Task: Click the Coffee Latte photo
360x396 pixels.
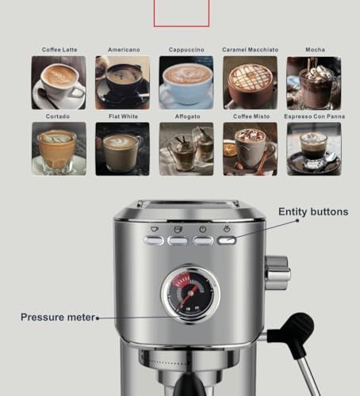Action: coord(59,82)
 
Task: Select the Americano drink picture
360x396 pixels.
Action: coord(122,82)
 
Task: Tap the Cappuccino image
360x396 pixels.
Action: coord(186,82)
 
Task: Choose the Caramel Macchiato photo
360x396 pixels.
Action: coord(250,82)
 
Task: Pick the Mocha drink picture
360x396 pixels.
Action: coord(313,82)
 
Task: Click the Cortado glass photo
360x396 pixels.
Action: coord(59,148)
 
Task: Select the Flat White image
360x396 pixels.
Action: coord(122,148)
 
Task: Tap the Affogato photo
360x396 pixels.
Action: coord(186,148)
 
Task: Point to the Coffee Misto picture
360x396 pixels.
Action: coord(250,148)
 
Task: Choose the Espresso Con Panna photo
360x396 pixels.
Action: coord(313,148)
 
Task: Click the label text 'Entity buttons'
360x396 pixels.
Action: coord(312,212)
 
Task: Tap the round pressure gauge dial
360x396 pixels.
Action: coord(189,291)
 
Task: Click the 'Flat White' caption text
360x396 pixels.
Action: coord(122,116)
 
